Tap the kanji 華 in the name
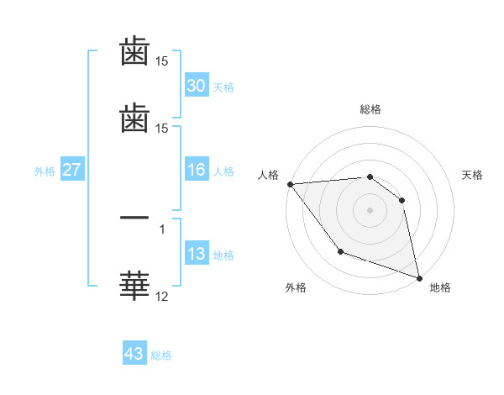pyautogui.click(x=134, y=286)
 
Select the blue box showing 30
pyautogui.click(x=196, y=85)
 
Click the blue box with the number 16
pyautogui.click(x=196, y=170)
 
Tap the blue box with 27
pyautogui.click(x=72, y=170)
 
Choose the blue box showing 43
pyautogui.click(x=134, y=354)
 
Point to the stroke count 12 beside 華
pyautogui.click(x=162, y=296)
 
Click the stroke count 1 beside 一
pyautogui.click(x=162, y=228)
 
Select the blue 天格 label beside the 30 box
pyautogui.click(x=223, y=87)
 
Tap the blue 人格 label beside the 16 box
pyautogui.click(x=223, y=171)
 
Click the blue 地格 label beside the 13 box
pyautogui.click(x=223, y=255)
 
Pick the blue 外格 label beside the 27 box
pyautogui.click(x=45, y=171)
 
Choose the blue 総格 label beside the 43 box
pyautogui.click(x=161, y=355)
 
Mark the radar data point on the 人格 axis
pyautogui.click(x=290, y=184)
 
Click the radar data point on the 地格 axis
pyautogui.click(x=419, y=276)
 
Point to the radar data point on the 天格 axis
pyautogui.click(x=402, y=200)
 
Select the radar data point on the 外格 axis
pyautogui.click(x=340, y=251)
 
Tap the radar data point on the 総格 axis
pyautogui.click(x=370, y=176)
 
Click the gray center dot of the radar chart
pyautogui.click(x=370, y=210)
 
